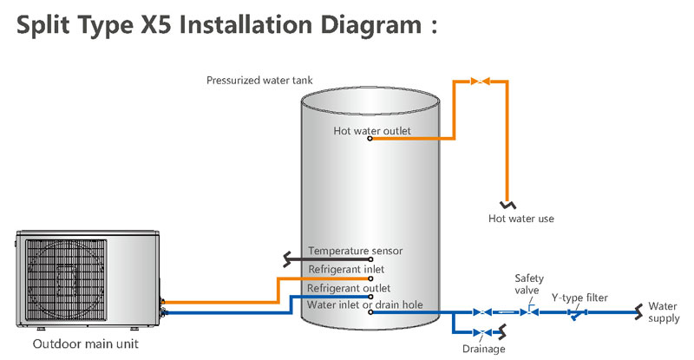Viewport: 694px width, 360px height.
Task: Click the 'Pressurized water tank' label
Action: pyautogui.click(x=259, y=81)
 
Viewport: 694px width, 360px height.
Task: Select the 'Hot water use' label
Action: pyautogui.click(x=520, y=219)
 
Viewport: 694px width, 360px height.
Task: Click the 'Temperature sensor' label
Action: pyautogui.click(x=355, y=251)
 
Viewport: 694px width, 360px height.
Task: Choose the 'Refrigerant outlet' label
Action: pyautogui.click(x=349, y=287)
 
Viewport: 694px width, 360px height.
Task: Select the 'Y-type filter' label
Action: pyautogui.click(x=579, y=298)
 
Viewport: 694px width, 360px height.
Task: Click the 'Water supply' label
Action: pyautogui.click(x=664, y=313)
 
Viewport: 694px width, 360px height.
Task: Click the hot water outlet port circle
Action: pyautogui.click(x=370, y=140)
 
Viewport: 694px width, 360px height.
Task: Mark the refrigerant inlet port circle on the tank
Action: pyautogui.click(x=370, y=278)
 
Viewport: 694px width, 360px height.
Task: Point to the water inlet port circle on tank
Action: pyautogui.click(x=370, y=312)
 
